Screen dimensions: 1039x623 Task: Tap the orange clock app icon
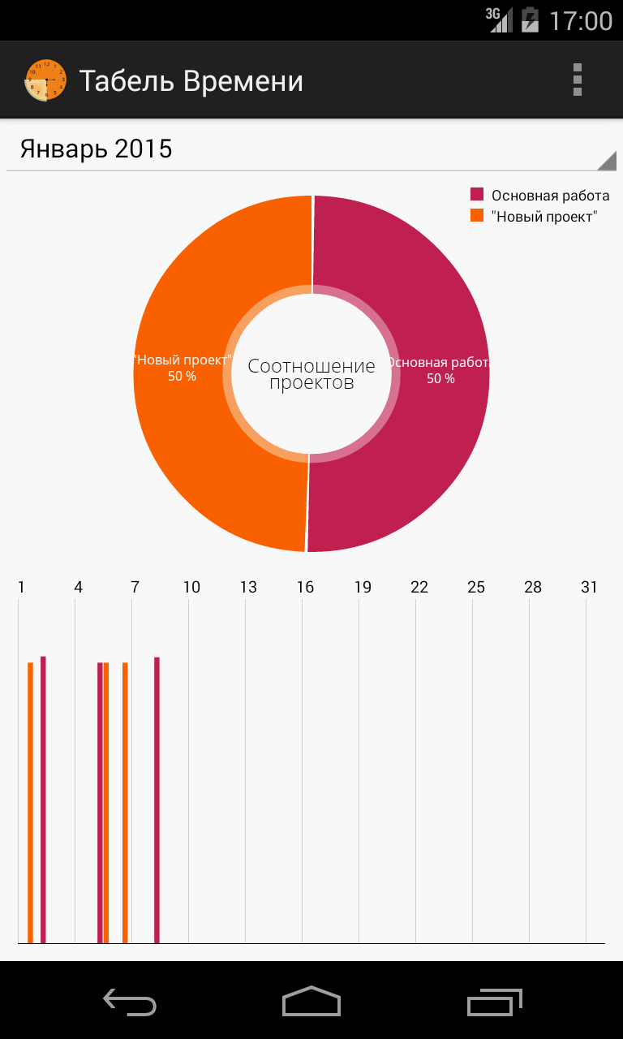pos(45,80)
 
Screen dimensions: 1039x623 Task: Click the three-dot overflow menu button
pos(577,80)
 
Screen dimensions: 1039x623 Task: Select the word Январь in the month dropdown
pos(64,149)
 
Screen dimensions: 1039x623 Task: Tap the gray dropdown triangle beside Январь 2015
pos(606,161)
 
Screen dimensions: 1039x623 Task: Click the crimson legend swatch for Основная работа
pos(477,195)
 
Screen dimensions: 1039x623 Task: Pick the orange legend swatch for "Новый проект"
pos(477,216)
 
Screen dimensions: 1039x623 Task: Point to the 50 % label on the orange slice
pos(182,377)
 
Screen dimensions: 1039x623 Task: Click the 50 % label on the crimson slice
pos(440,379)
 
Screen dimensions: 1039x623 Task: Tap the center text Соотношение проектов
pos(311,374)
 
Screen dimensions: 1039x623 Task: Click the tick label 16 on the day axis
pos(305,587)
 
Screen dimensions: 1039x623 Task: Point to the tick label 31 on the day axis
pos(589,587)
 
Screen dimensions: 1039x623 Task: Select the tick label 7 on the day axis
pos(135,587)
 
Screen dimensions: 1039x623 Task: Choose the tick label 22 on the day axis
pos(419,587)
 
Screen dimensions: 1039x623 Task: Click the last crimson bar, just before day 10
pos(157,800)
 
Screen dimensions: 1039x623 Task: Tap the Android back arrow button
pos(130,1002)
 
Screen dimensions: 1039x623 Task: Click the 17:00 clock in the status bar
pos(581,20)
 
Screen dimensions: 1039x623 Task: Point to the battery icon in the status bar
pos(530,19)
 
